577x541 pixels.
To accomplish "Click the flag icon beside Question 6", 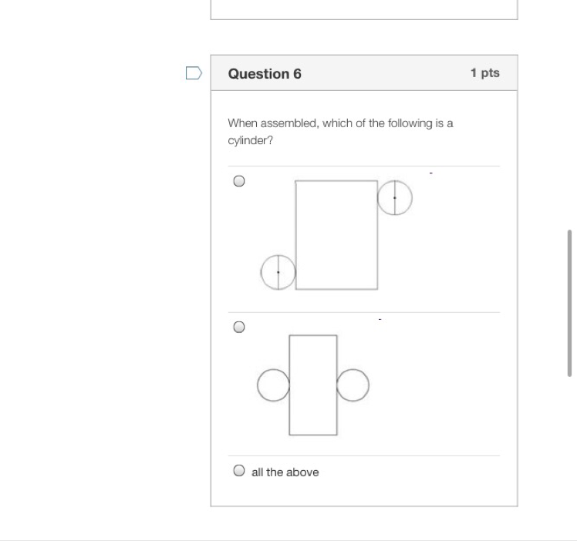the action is coord(194,72).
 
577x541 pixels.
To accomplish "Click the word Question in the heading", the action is coord(258,74).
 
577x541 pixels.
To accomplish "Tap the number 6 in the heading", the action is coord(297,74).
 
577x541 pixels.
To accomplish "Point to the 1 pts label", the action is coord(485,72).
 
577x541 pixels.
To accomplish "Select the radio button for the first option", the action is coord(239,181).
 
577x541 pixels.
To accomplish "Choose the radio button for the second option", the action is coord(239,327).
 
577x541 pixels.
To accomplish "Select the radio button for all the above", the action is coord(239,470).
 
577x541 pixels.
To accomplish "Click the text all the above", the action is coord(285,472).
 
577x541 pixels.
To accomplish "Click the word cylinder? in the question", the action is coord(251,140).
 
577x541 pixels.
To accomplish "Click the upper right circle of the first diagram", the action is coord(411,198).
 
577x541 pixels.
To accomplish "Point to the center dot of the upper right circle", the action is coord(395,198).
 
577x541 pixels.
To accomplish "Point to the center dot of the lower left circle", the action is coord(278,272).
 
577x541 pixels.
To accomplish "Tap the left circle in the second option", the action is coord(258,385).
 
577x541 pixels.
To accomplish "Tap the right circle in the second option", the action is coord(369,385).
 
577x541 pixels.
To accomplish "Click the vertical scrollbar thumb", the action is coord(569,303).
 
